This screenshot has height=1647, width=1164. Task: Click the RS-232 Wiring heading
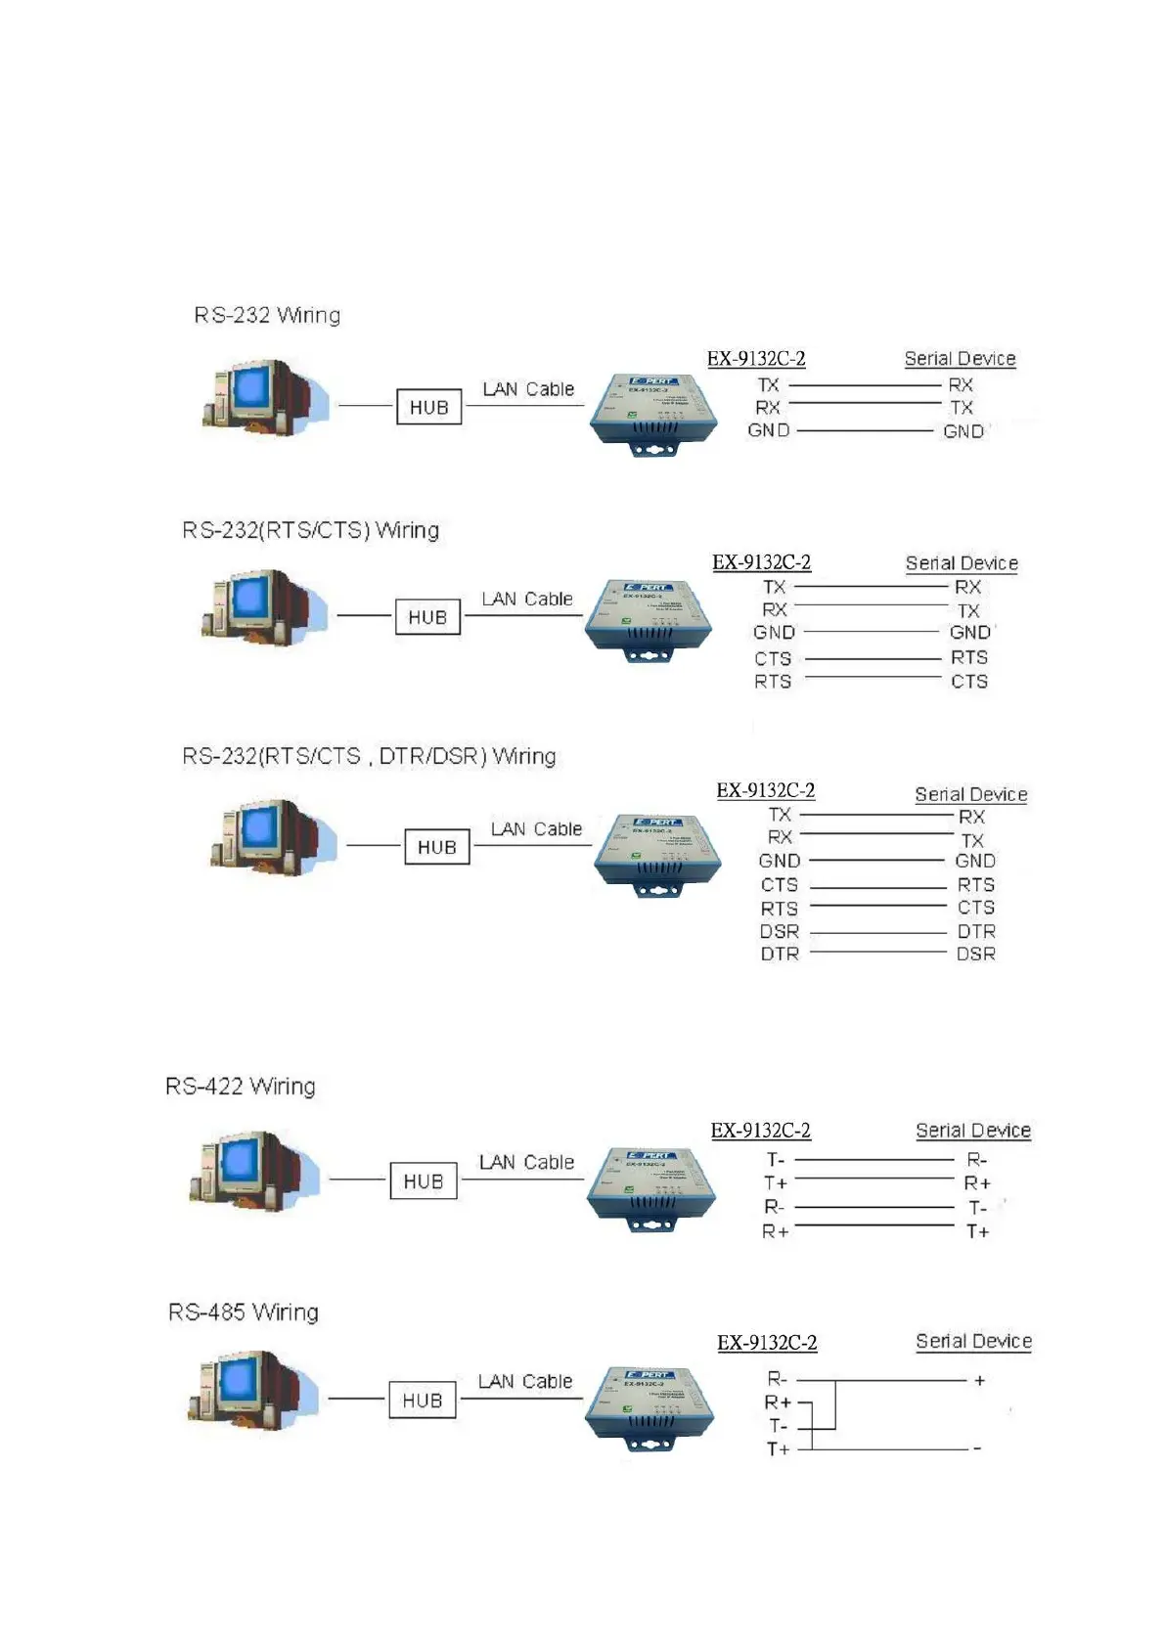point(267,315)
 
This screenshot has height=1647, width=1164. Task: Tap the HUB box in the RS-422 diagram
point(424,1181)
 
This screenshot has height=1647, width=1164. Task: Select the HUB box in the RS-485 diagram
point(423,1401)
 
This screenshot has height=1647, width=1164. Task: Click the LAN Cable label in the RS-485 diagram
point(525,1381)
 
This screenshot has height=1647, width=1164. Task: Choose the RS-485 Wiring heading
point(244,1312)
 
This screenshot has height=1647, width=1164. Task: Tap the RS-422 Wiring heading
point(241,1086)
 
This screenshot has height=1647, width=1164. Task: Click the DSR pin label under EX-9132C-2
point(780,931)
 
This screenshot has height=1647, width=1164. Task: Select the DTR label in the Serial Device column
point(976,931)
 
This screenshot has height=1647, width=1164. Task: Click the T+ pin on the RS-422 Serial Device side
point(977,1231)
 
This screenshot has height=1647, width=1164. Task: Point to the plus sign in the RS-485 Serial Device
point(979,1380)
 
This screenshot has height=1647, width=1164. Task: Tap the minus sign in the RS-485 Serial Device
point(977,1448)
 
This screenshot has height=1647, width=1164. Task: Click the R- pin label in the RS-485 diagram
point(777,1379)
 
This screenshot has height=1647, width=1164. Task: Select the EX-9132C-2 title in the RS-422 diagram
point(760,1131)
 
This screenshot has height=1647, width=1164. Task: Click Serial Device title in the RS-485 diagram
point(973,1341)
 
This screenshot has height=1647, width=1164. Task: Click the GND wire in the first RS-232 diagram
point(866,430)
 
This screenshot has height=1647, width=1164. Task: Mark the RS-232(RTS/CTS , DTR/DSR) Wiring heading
point(369,756)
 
